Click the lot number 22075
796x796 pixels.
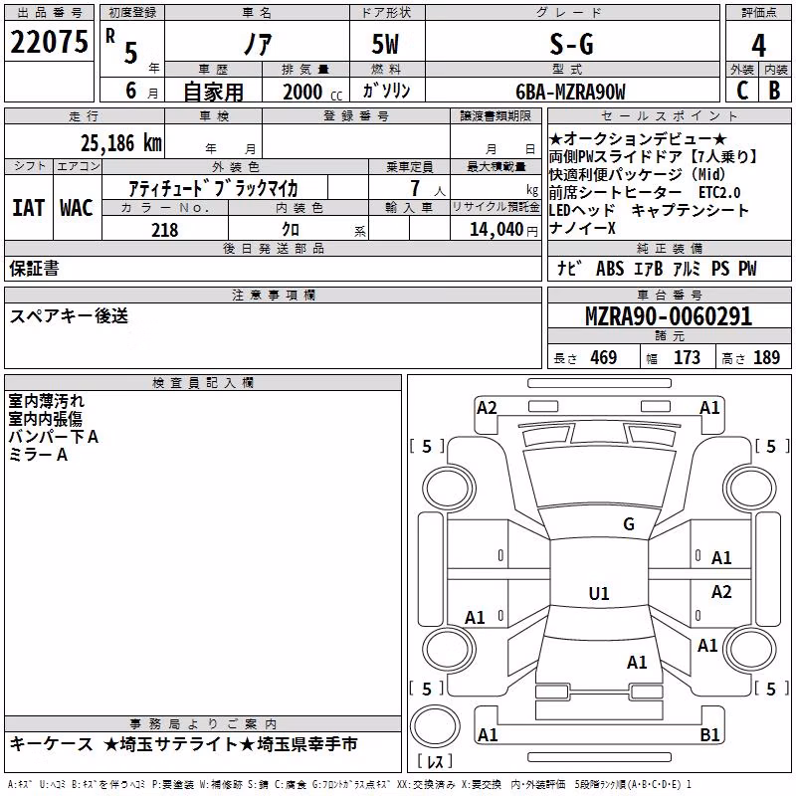[x=49, y=42]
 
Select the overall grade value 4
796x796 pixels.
[x=758, y=46]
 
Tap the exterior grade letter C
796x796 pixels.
[x=742, y=91]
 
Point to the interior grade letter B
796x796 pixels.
[x=774, y=91]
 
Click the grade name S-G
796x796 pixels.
[x=571, y=44]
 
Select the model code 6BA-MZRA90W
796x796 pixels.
[x=570, y=92]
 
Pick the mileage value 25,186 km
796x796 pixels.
[x=121, y=143]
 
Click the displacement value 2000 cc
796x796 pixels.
[x=312, y=92]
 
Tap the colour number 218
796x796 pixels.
[x=165, y=230]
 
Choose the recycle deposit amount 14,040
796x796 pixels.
[x=497, y=230]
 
